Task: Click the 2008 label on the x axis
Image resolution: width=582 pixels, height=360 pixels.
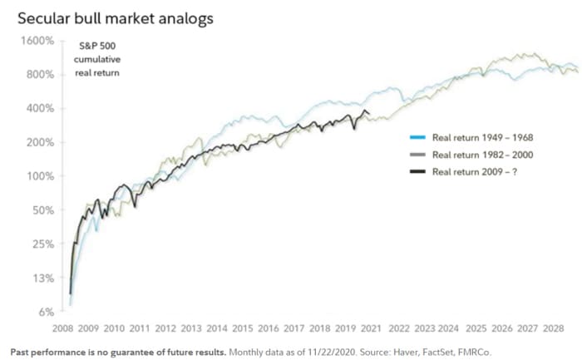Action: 62,328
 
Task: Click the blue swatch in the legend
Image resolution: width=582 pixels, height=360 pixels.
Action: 418,139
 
